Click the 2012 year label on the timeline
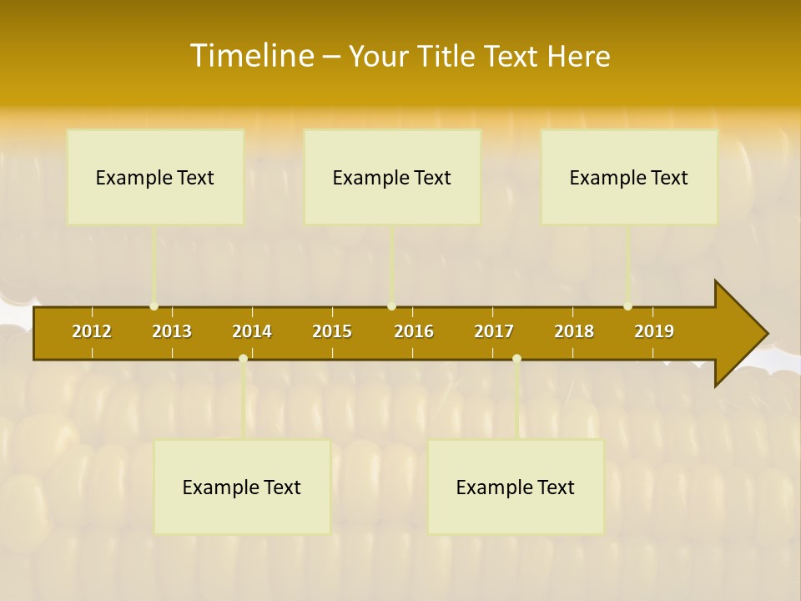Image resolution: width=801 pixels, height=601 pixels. tap(92, 331)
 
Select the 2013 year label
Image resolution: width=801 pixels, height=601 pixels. tap(172, 331)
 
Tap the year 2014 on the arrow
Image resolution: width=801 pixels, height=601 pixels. tap(252, 331)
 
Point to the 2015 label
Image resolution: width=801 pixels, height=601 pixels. tap(332, 331)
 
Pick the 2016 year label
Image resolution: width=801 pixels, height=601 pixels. tap(414, 331)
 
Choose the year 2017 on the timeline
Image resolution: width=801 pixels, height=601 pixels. tap(494, 331)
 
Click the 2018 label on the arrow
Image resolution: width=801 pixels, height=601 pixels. tap(574, 331)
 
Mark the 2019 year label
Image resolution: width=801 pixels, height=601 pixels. tap(654, 331)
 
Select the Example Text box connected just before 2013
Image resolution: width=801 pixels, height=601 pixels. tap(155, 177)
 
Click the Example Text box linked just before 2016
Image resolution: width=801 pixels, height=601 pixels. tap(392, 177)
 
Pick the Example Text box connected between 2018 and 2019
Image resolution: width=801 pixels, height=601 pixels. tap(629, 177)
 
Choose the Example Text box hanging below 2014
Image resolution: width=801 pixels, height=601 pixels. tap(242, 487)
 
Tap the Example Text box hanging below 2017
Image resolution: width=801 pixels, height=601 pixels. tap(516, 487)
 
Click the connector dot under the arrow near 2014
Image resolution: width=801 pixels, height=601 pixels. tap(243, 358)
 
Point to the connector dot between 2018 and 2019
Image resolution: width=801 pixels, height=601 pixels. tap(627, 306)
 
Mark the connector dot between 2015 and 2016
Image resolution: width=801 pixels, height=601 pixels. tap(391, 306)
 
